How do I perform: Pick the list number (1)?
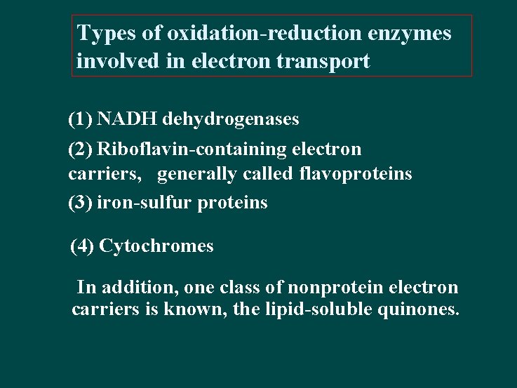(80, 120)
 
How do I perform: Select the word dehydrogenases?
(231, 120)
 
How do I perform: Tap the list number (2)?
(80, 149)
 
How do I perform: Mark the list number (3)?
(80, 203)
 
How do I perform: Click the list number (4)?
(83, 246)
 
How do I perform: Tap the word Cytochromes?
(156, 246)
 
